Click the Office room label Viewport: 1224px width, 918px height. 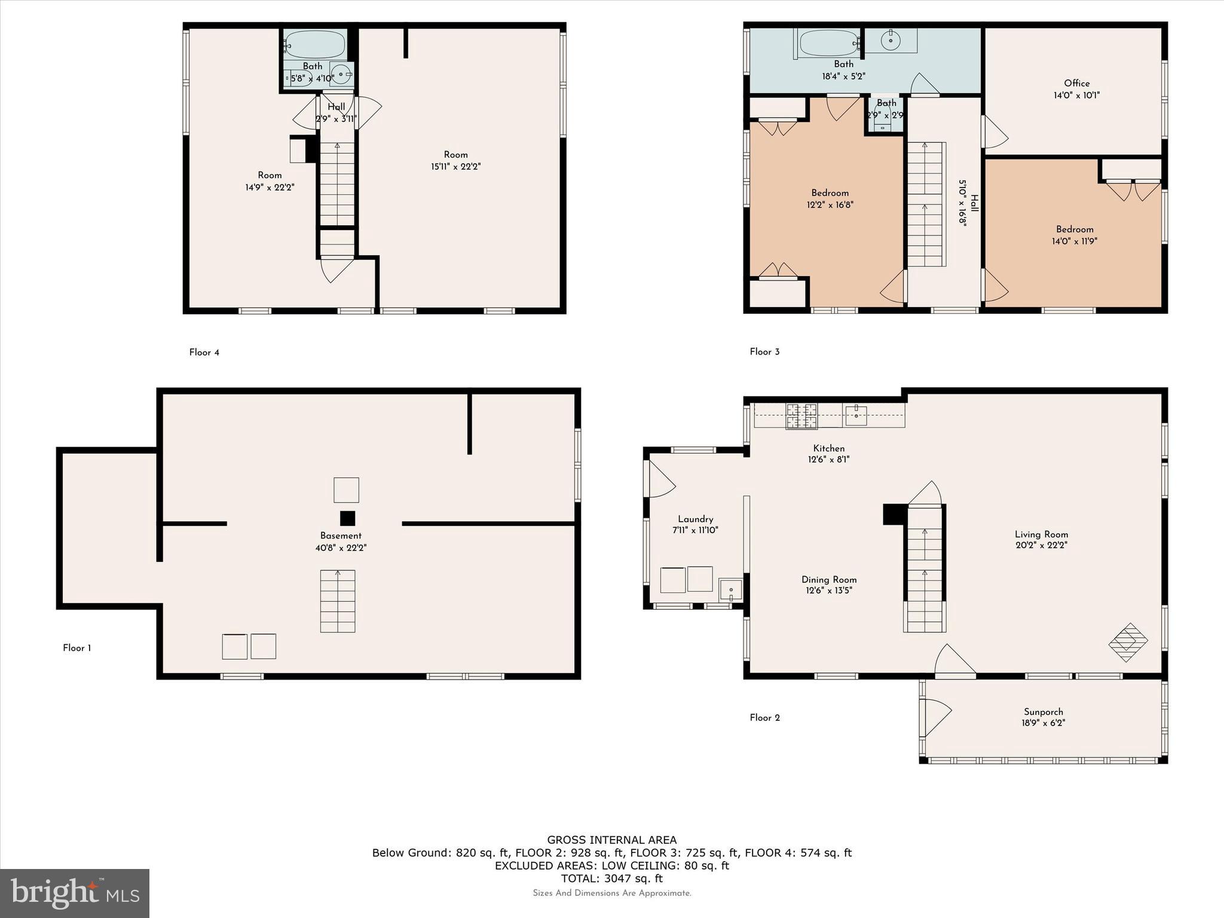[1076, 84]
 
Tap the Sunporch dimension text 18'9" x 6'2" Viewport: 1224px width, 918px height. [1044, 723]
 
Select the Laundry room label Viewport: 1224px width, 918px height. [695, 519]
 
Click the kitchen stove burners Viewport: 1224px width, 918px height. [801, 417]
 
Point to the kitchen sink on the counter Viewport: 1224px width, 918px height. [856, 414]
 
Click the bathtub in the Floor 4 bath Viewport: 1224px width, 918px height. [315, 44]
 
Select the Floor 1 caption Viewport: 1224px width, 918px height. [77, 648]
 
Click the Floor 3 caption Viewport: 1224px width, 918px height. [764, 352]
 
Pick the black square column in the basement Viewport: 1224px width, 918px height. [347, 518]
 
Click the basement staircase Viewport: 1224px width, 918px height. [338, 601]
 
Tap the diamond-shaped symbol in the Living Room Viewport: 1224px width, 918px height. [1128, 642]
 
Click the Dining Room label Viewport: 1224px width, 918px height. [829, 580]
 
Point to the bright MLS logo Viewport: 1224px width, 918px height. [75, 893]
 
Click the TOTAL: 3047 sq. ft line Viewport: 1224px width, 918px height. [611, 879]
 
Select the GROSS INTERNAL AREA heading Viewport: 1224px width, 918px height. [611, 840]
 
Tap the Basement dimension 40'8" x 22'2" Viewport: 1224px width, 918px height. [341, 547]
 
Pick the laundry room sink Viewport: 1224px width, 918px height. [730, 590]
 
